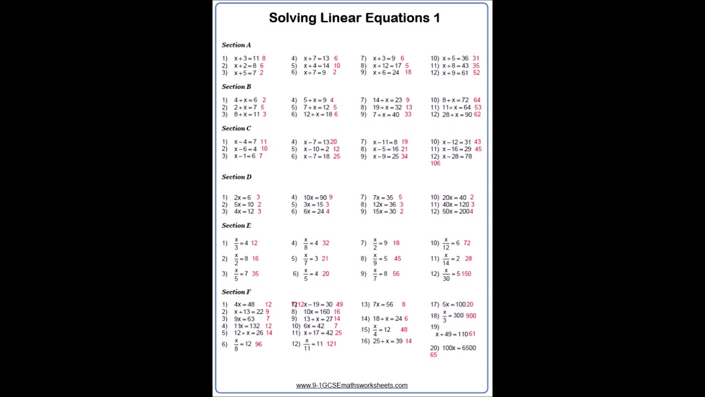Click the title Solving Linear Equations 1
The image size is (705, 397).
pyautogui.click(x=354, y=18)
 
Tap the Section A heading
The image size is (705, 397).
pyautogui.click(x=236, y=45)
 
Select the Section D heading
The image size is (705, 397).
pyautogui.click(x=236, y=176)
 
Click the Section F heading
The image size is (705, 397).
pyautogui.click(x=236, y=292)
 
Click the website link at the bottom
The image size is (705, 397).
pyautogui.click(x=351, y=385)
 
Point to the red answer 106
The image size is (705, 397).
pyautogui.click(x=435, y=163)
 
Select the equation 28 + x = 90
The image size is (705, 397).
pyautogui.click(x=457, y=115)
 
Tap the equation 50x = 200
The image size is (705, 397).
pyautogui.click(x=456, y=212)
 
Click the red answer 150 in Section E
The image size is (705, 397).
pyautogui.click(x=466, y=273)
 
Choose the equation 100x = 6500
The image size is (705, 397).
pyautogui.click(x=459, y=348)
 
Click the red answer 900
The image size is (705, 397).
pyautogui.click(x=470, y=316)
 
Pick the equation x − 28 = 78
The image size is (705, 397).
pyautogui.click(x=457, y=156)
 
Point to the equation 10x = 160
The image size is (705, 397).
pyautogui.click(x=316, y=312)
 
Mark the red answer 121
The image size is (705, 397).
pyautogui.click(x=331, y=344)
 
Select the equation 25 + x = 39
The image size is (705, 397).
pyautogui.click(x=387, y=341)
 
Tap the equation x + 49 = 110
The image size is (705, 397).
pyautogui.click(x=452, y=334)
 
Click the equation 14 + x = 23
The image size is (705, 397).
pyautogui.click(x=387, y=100)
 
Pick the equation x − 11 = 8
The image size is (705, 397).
pyautogui.click(x=385, y=142)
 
